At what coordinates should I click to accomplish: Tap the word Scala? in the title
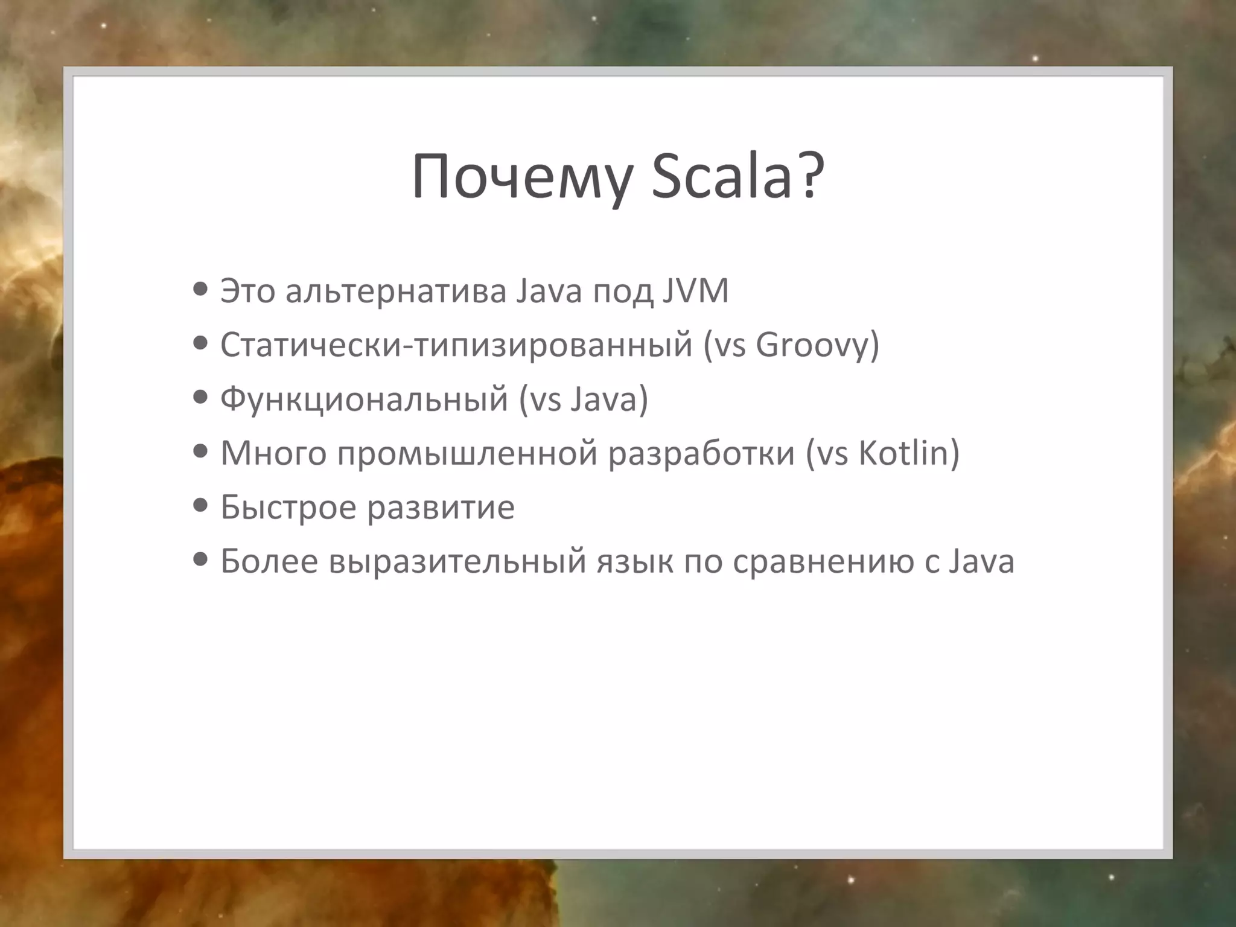[737, 177]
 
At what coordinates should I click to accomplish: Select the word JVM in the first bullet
[695, 291]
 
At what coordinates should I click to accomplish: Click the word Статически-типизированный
[456, 345]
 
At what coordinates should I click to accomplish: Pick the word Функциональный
[364, 400]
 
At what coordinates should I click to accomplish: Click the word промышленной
[467, 454]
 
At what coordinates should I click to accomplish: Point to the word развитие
[441, 507]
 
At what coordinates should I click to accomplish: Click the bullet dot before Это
[200, 289]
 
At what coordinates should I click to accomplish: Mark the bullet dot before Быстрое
[200, 505]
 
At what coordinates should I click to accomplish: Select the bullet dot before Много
[200, 451]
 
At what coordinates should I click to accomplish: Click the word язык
[635, 561]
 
